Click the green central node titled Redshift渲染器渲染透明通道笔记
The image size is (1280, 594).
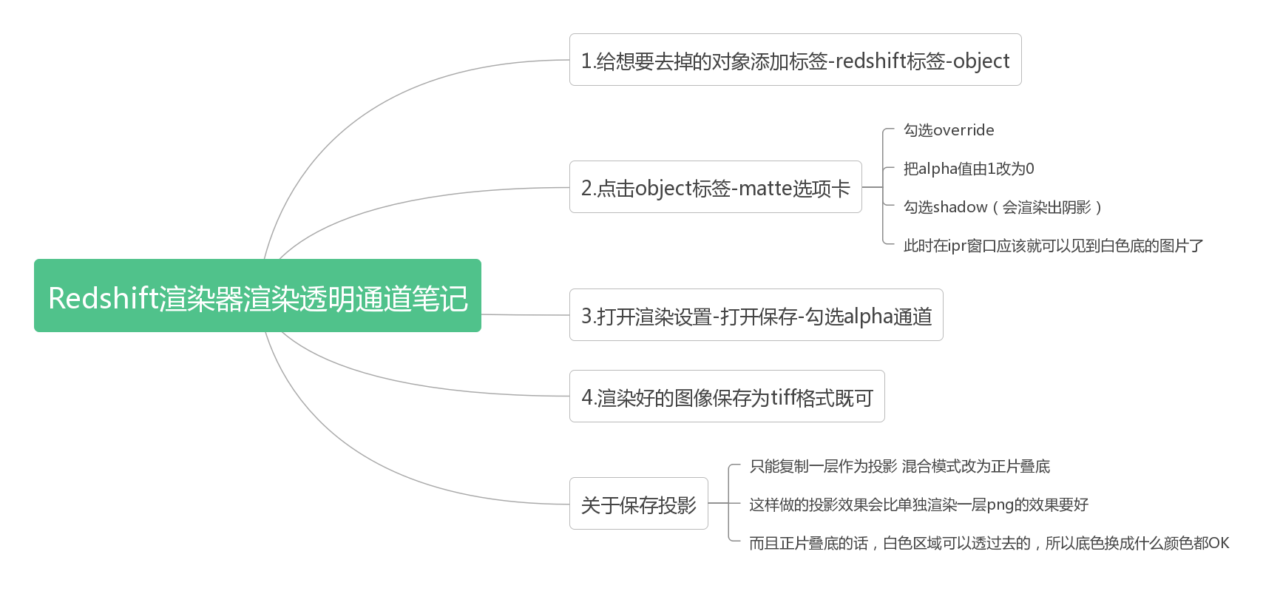click(257, 296)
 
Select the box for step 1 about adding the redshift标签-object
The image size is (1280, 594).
click(795, 60)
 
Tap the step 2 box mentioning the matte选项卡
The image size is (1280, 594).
click(715, 188)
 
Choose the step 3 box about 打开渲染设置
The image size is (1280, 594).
click(756, 316)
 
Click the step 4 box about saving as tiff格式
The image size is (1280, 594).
click(726, 397)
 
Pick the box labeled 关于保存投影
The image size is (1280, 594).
click(638, 504)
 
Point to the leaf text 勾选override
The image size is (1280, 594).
click(949, 130)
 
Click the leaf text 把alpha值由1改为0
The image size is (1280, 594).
click(969, 169)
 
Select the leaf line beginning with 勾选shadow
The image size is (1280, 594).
click(1003, 207)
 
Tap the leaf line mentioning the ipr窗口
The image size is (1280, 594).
click(1053, 246)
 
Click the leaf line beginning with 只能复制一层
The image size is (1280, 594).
click(899, 466)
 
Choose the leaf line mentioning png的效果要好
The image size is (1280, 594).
click(918, 504)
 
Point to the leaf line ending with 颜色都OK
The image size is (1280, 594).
click(989, 543)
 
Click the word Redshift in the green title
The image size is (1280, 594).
click(104, 298)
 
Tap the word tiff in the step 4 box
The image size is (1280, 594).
click(786, 397)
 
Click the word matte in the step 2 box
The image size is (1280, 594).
click(765, 188)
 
